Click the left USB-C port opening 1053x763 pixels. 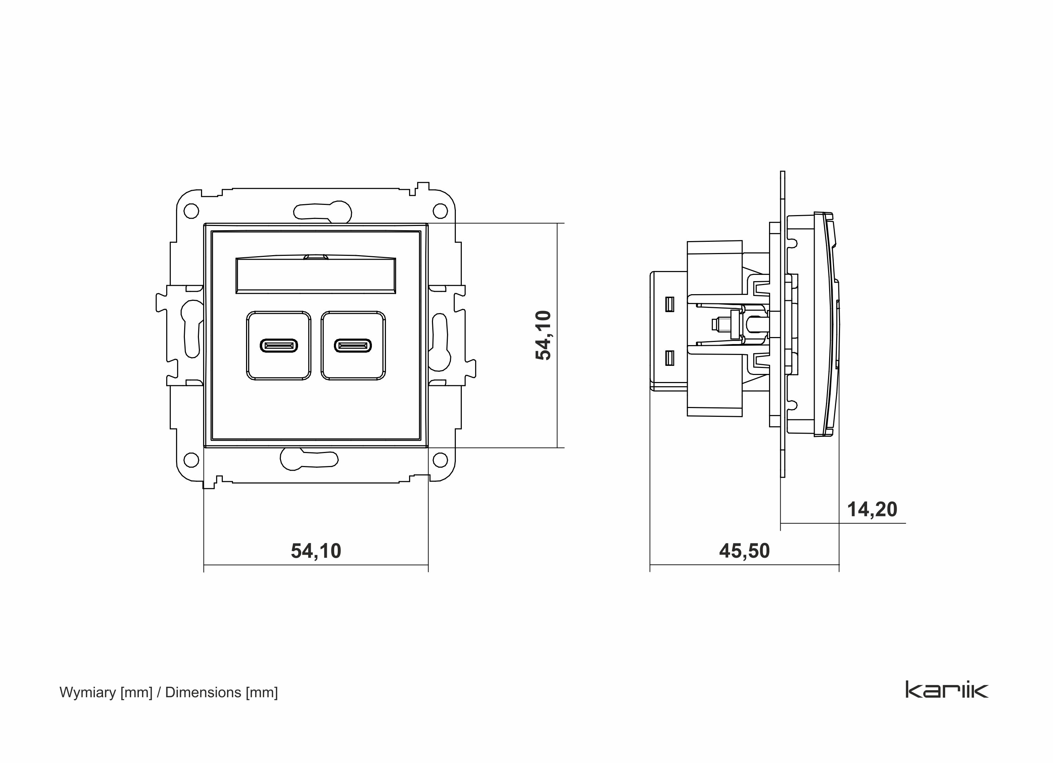pos(279,346)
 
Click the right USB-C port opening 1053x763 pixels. pos(353,346)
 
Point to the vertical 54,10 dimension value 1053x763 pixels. pos(543,335)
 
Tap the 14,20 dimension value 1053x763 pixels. pos(872,510)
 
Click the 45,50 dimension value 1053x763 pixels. pos(744,551)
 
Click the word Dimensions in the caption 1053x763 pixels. pos(203,692)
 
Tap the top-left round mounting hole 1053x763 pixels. pos(191,211)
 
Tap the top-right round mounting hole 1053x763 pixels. pos(440,211)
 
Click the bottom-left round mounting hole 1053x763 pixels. pos(191,460)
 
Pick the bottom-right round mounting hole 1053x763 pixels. pos(440,460)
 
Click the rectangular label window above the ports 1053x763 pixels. pos(316,276)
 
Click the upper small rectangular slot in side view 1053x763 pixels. pos(670,304)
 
